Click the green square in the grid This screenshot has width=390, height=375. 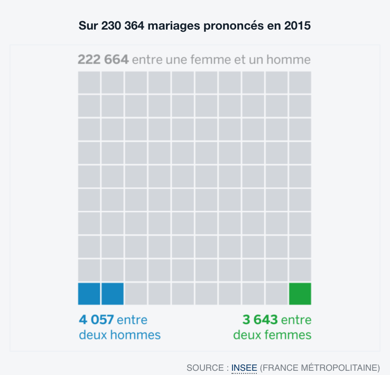300,294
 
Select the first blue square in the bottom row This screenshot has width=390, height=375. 89,294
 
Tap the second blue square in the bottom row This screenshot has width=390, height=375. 113,294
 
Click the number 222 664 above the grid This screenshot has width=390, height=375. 103,59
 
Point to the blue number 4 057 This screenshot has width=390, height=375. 96,320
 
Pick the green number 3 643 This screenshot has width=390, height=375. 260,320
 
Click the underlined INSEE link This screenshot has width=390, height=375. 244,367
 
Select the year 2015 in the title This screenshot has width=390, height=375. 298,25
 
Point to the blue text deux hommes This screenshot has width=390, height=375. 119,335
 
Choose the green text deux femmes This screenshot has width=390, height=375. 272,335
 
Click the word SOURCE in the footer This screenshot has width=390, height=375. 206,367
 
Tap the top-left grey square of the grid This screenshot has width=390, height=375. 89,82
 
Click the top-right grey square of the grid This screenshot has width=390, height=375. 300,82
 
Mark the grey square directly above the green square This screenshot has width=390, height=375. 300,270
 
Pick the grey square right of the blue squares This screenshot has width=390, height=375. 136,294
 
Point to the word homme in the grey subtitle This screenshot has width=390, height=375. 288,59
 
